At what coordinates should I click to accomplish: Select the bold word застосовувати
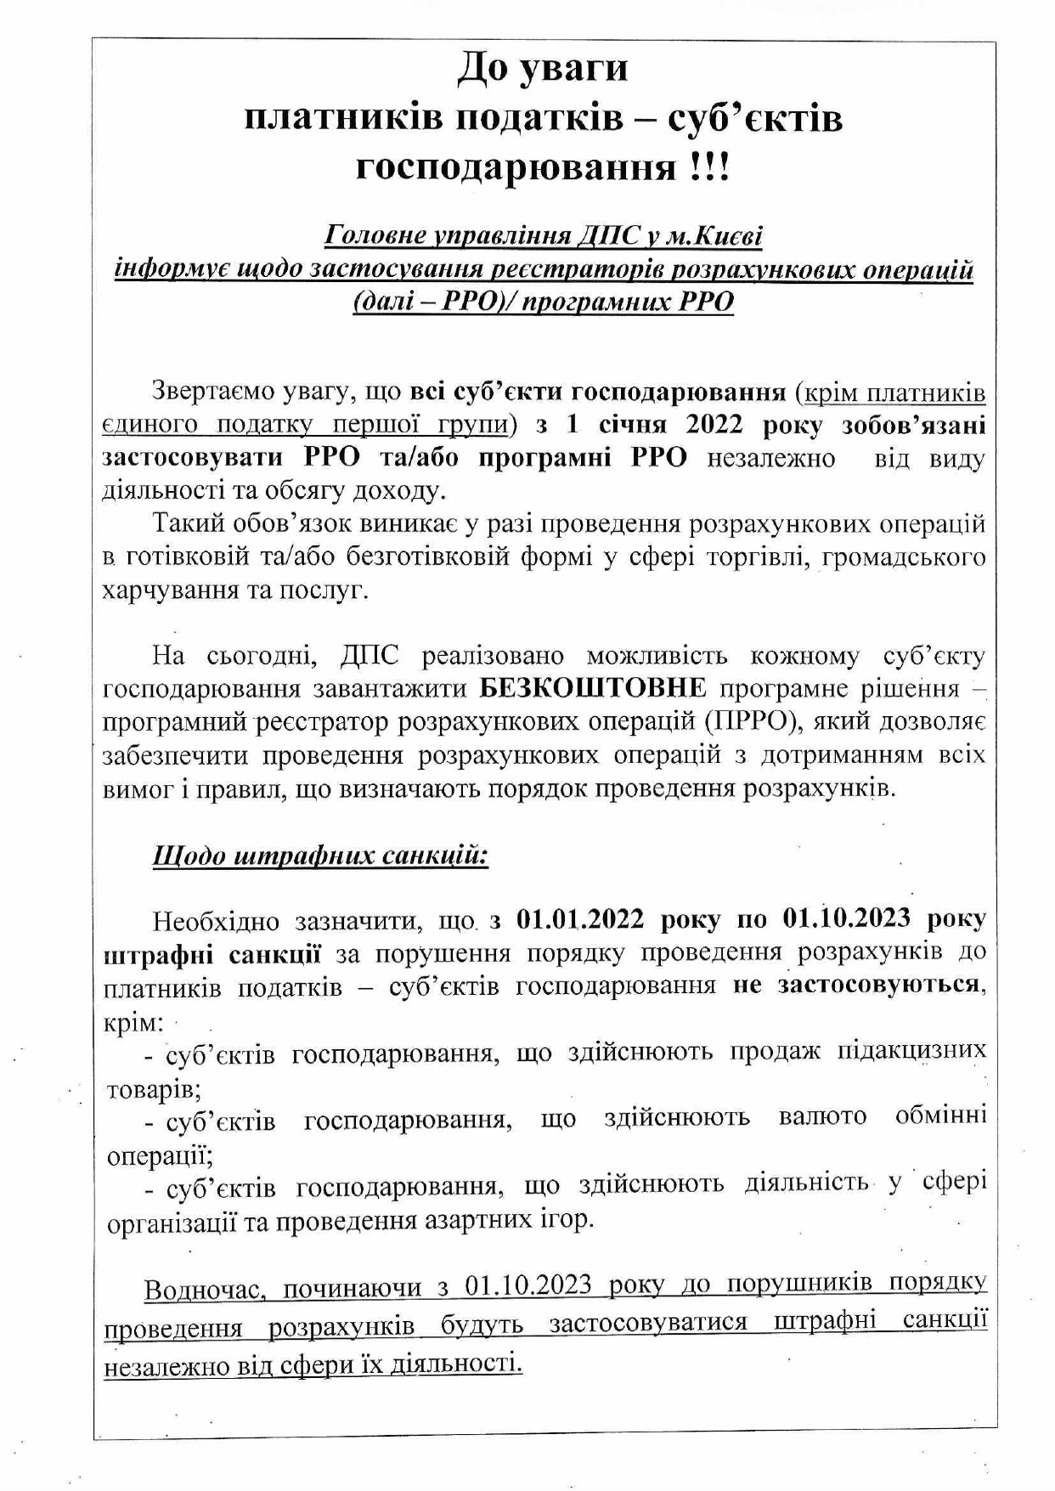click(193, 458)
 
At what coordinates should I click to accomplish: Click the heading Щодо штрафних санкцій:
click(320, 856)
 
